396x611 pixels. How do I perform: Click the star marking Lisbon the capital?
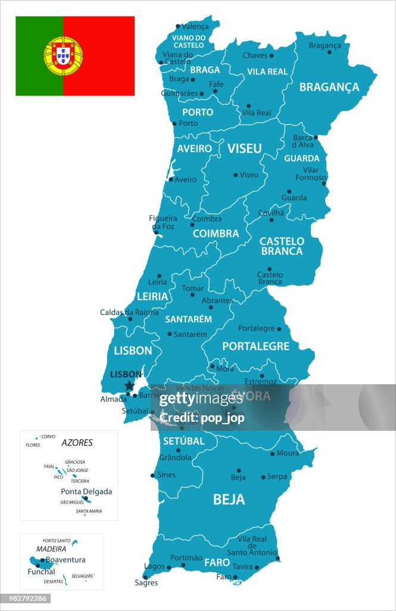pyautogui.click(x=129, y=386)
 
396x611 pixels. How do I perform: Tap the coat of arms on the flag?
pyautogui.click(x=63, y=55)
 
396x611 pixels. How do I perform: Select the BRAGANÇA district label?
pyautogui.click(x=329, y=87)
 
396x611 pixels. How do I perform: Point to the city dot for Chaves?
pyautogui.click(x=272, y=55)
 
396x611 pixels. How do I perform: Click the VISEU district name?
pyautogui.click(x=245, y=149)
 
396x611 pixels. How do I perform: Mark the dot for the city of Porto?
pyautogui.click(x=174, y=124)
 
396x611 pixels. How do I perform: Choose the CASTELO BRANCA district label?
pyautogui.click(x=282, y=246)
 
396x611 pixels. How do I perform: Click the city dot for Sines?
pyautogui.click(x=153, y=476)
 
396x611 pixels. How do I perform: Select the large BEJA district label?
pyautogui.click(x=229, y=499)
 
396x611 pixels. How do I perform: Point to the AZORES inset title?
pyautogui.click(x=77, y=443)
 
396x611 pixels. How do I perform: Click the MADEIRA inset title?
pyautogui.click(x=51, y=549)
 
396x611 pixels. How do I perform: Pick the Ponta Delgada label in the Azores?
pyautogui.click(x=86, y=492)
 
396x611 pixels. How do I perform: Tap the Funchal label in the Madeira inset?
pyautogui.click(x=41, y=572)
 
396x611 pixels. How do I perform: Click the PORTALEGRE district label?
pyautogui.click(x=256, y=346)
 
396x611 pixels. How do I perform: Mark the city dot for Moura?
pyautogui.click(x=273, y=454)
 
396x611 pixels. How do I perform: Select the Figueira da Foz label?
pyautogui.click(x=163, y=222)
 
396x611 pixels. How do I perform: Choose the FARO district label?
pyautogui.click(x=217, y=562)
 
